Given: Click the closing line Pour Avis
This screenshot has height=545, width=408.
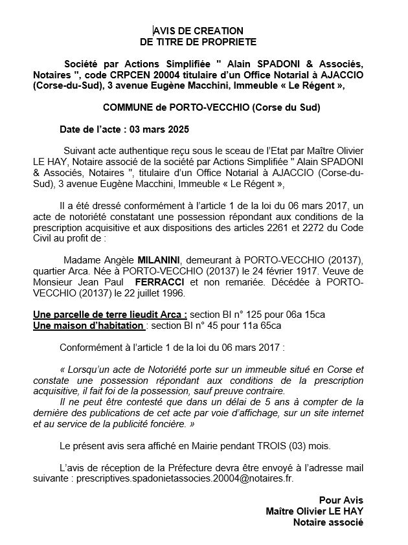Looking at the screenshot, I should coord(341,500).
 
